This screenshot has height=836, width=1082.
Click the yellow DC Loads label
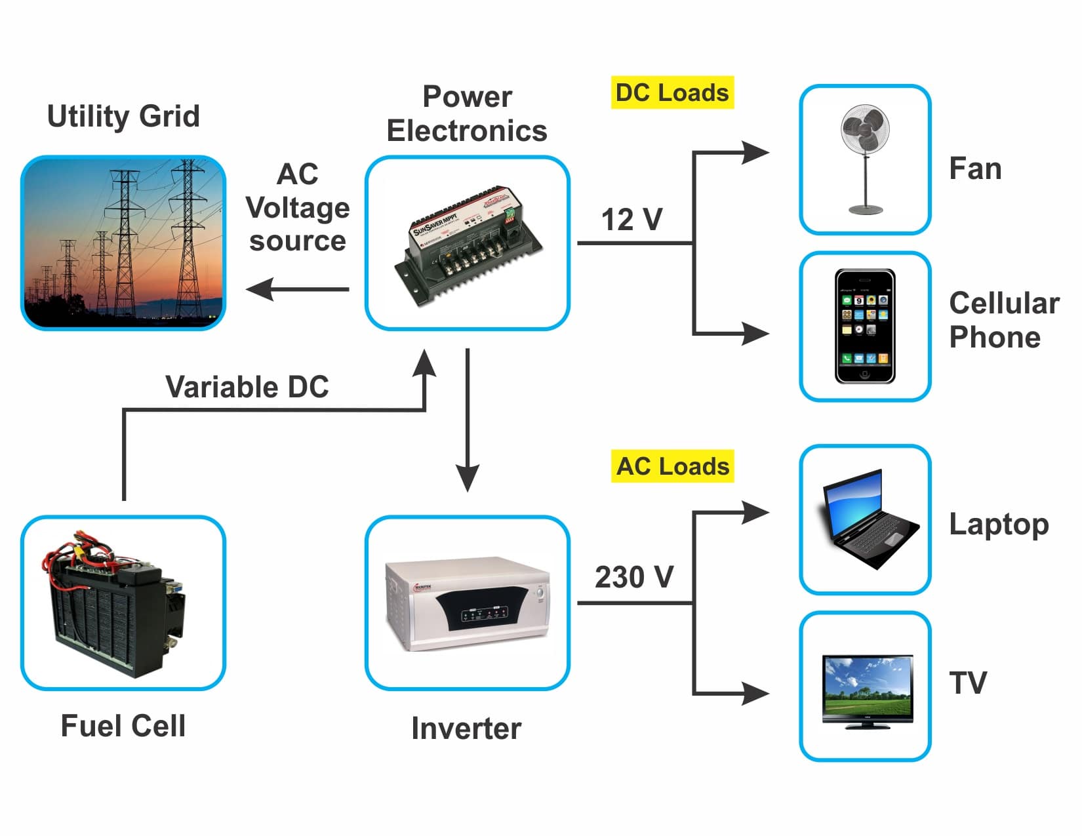[x=672, y=92]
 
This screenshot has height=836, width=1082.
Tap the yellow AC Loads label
[x=672, y=466]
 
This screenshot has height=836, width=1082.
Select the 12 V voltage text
[x=631, y=220]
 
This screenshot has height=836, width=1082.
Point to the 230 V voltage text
[x=633, y=577]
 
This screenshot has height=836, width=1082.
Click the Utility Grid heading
[x=123, y=116]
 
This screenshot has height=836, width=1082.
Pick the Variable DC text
[x=247, y=387]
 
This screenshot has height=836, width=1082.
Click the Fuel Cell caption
[x=123, y=726]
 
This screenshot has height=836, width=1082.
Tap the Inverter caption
[x=466, y=728]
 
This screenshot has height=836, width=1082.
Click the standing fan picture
[x=865, y=159]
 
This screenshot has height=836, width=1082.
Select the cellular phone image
[x=865, y=326]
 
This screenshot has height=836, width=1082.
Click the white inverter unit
[x=467, y=603]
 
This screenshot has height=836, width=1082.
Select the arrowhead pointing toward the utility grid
[x=260, y=289]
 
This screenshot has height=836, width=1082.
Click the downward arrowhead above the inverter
[x=468, y=477]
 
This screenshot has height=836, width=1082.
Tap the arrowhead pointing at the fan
[x=755, y=153]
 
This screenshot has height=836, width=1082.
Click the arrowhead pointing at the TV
[x=755, y=693]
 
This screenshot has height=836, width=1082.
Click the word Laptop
[x=999, y=525]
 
